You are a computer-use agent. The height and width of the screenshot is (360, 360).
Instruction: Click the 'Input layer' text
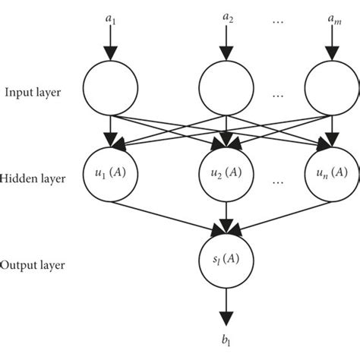(x=33, y=92)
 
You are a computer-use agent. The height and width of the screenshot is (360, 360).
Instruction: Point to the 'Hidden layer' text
(x=33, y=178)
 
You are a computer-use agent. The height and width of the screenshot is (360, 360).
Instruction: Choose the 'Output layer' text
(x=33, y=265)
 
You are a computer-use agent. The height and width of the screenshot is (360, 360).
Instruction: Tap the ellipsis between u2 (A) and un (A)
(x=278, y=182)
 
